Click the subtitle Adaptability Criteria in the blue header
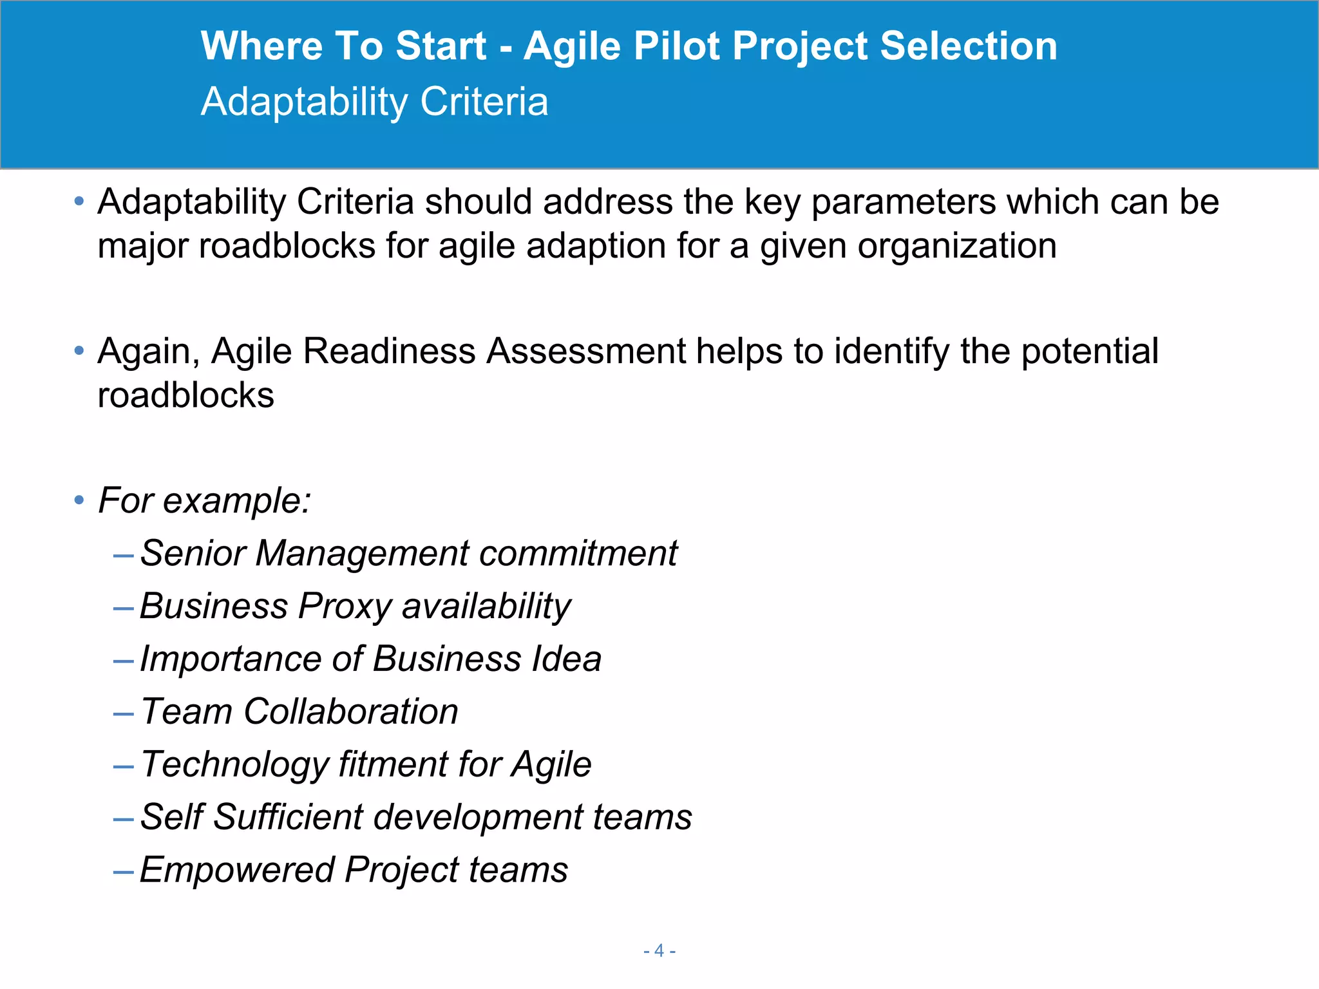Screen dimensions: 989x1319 pyautogui.click(x=374, y=102)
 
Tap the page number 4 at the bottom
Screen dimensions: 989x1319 pyautogui.click(x=659, y=950)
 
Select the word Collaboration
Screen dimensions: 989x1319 pyautogui.click(x=351, y=711)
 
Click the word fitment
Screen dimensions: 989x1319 pyautogui.click(x=393, y=764)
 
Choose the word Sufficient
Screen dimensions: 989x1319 pyautogui.click(x=288, y=817)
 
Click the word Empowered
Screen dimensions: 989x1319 pyautogui.click(x=236, y=870)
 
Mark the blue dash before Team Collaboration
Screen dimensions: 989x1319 pyautogui.click(x=123, y=713)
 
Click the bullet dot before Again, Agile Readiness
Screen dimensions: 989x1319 pyautogui.click(x=79, y=351)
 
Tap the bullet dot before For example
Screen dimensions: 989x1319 pyautogui.click(x=79, y=500)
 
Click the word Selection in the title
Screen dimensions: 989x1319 pyautogui.click(x=968, y=46)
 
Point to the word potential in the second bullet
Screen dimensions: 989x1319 pyautogui.click(x=1090, y=352)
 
